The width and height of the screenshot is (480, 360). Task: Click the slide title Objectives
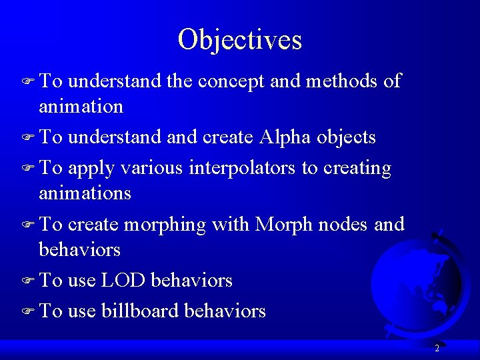pos(240,39)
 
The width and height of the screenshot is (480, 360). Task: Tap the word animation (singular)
pos(81,106)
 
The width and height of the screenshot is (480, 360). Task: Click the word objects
pos(347,138)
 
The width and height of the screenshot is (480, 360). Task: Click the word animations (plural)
pos(85,193)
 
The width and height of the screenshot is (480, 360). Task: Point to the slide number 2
pos(437,348)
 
